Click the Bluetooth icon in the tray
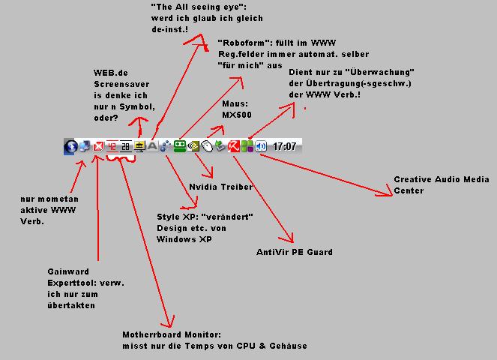click(70, 146)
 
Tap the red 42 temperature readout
click(112, 146)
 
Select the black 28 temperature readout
click(125, 146)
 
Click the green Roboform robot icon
click(180, 146)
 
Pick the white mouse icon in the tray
click(207, 146)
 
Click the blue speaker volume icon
click(261, 146)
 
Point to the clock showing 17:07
click(284, 146)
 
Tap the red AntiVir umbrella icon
click(234, 146)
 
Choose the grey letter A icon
click(152, 146)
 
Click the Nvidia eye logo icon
click(193, 146)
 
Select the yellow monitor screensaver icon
click(139, 146)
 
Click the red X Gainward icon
click(98, 146)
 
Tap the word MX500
click(237, 115)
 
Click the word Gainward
click(68, 271)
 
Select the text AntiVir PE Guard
click(295, 252)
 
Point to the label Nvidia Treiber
click(221, 187)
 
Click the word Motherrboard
click(152, 334)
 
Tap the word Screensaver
click(121, 84)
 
